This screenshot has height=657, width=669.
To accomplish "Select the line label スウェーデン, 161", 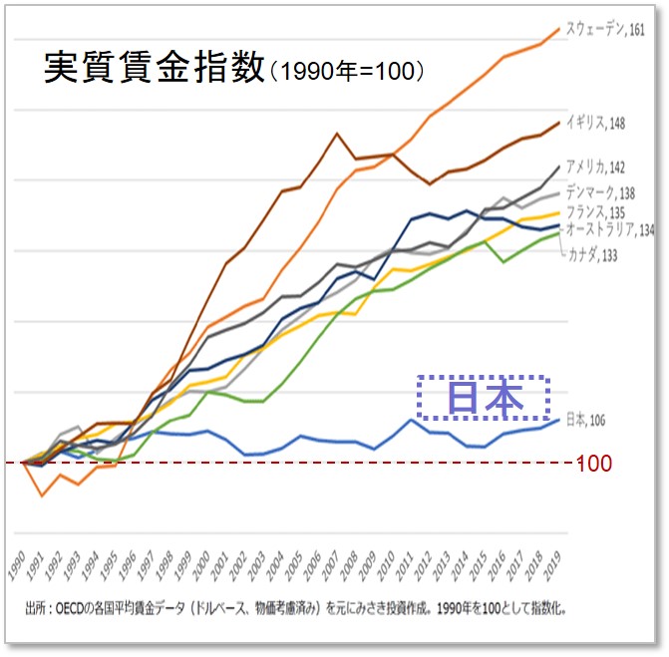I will coord(605,29).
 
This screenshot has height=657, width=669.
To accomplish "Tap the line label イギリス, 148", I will coord(595,124).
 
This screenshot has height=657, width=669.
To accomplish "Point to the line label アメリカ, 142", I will coord(596,166).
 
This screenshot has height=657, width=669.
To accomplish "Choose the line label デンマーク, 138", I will coord(600,192).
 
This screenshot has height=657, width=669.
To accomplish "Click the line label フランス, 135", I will coord(595,211).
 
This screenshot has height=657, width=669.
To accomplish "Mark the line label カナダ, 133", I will coord(593,255).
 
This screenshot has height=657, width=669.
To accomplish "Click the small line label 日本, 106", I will coord(584,419).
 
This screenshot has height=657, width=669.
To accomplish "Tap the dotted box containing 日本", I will coord(484,398).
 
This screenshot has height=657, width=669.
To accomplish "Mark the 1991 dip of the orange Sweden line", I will coord(41,494).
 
